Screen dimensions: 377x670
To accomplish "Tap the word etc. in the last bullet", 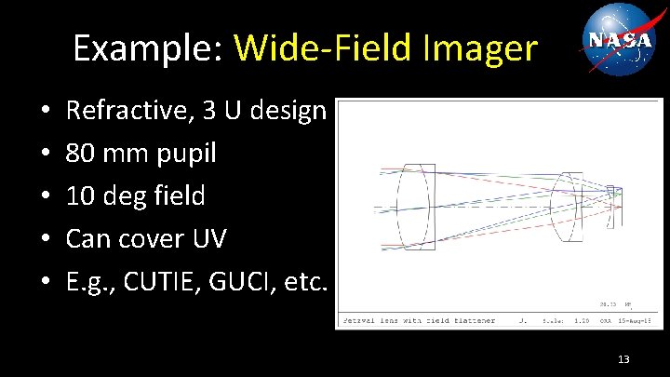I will [x=305, y=281].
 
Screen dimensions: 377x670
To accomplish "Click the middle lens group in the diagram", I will [x=566, y=206].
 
